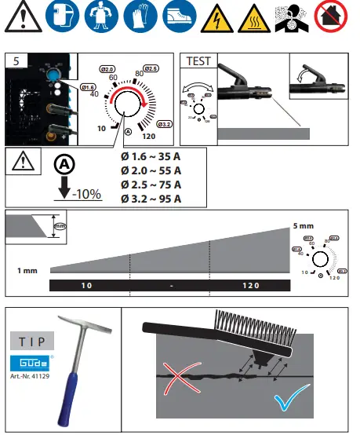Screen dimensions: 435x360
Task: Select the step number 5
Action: (x=16, y=60)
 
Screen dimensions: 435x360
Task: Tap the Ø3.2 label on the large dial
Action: (x=164, y=124)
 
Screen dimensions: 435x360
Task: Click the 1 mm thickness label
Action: (x=28, y=270)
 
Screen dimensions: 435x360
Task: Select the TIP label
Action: (x=32, y=342)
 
